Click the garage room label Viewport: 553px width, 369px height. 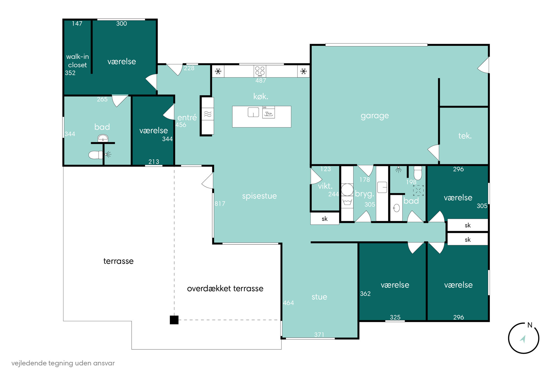(x=375, y=116)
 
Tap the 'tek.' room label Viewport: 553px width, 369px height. (x=465, y=136)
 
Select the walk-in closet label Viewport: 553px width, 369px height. (x=77, y=61)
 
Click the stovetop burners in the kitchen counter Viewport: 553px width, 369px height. (x=260, y=71)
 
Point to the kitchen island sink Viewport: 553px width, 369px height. (x=253, y=112)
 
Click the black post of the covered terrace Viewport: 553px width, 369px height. (x=174, y=320)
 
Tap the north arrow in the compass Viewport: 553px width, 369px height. (x=523, y=339)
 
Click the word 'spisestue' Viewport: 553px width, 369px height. (x=259, y=196)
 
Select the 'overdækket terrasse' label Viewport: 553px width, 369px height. (x=225, y=288)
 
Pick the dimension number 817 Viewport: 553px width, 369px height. (x=220, y=204)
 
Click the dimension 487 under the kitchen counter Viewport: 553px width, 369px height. (x=261, y=81)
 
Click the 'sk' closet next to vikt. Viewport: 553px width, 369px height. (x=325, y=219)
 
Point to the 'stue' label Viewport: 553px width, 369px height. (x=319, y=297)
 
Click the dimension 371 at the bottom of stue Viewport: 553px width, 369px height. (x=319, y=334)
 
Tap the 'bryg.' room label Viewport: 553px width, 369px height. (x=364, y=194)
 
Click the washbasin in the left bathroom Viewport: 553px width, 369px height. (x=103, y=138)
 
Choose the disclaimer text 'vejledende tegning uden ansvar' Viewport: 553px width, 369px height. (x=63, y=363)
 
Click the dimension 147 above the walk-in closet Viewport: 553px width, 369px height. (x=77, y=24)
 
